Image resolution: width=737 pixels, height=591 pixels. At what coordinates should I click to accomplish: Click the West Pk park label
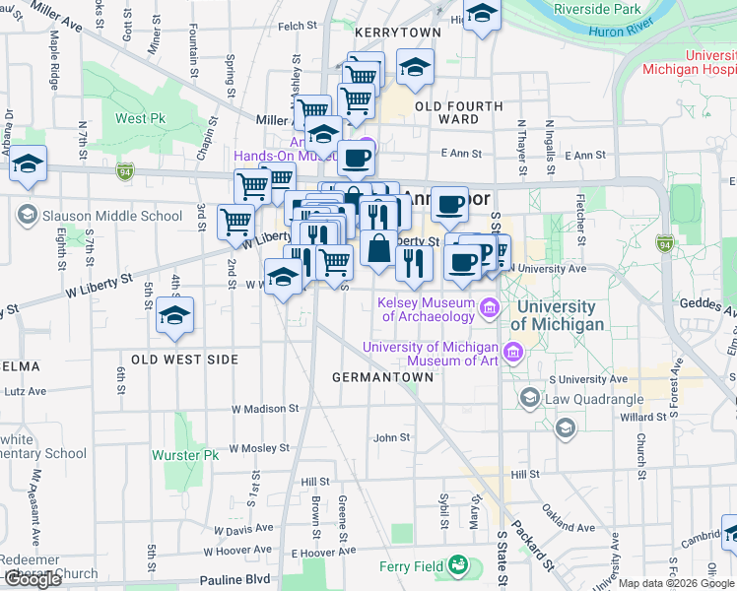140,119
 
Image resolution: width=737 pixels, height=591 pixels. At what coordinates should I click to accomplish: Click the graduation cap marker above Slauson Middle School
29,164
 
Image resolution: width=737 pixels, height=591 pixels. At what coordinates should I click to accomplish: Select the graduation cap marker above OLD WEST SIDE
174,314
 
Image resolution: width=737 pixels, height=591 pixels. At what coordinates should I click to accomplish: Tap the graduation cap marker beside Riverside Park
482,14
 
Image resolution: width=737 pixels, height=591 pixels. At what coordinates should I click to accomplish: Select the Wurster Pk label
184,456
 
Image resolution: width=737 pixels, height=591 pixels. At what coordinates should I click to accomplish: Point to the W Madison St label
265,409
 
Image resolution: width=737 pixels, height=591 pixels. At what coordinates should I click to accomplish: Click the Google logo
33,580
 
